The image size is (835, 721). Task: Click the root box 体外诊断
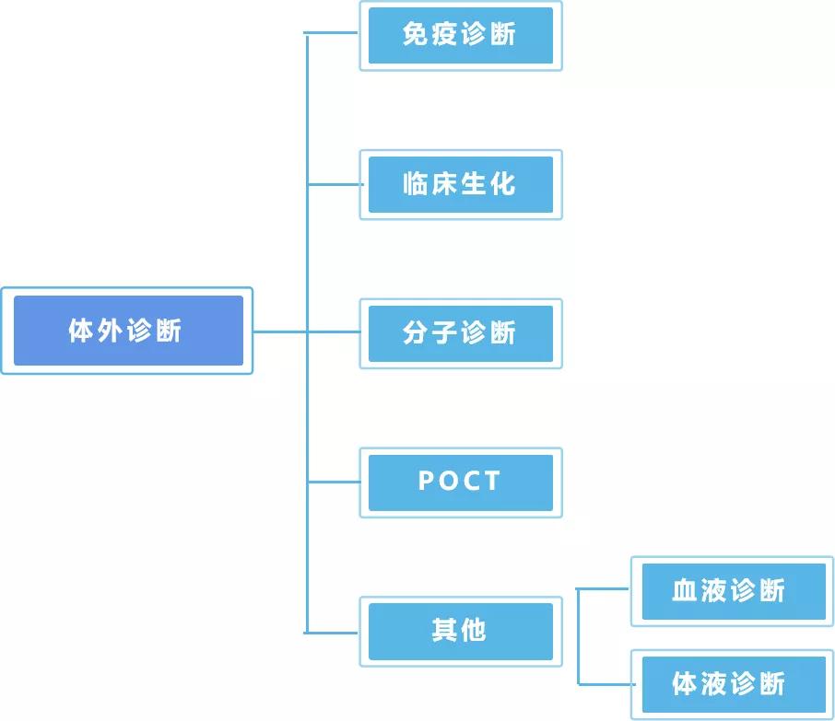click(x=127, y=331)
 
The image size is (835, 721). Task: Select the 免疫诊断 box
click(x=460, y=36)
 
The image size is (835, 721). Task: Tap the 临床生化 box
click(x=460, y=184)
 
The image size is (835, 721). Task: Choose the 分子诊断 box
click(x=460, y=333)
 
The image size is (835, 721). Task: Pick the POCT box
click(x=460, y=482)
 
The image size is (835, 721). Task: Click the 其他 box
click(x=460, y=631)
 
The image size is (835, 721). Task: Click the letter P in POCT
click(x=425, y=482)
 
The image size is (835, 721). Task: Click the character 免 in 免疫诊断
click(x=415, y=35)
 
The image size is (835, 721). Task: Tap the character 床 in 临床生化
click(x=444, y=184)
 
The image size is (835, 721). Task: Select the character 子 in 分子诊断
click(x=444, y=333)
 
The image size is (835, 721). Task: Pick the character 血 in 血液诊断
click(x=685, y=590)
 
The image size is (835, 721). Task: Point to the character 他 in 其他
click(x=474, y=631)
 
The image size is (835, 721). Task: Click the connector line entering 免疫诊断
click(x=332, y=34)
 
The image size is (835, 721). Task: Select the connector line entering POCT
click(x=332, y=482)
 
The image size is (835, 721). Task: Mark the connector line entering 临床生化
click(x=332, y=184)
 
